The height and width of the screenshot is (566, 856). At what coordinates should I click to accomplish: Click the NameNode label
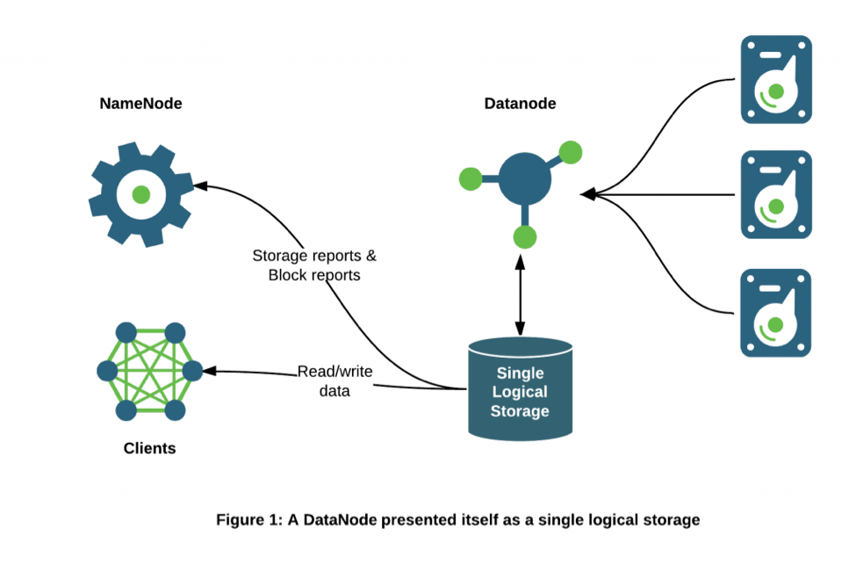[x=140, y=104]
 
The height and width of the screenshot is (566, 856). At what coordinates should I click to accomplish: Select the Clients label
[x=149, y=448]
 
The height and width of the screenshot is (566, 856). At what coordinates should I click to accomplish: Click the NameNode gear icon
[x=140, y=194]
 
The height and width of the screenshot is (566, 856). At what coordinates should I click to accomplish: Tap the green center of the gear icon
[x=140, y=194]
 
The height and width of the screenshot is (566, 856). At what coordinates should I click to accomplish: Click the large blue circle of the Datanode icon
[x=525, y=179]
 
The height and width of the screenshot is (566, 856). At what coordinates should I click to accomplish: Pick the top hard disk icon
[x=776, y=79]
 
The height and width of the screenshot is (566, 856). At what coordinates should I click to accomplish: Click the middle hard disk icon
[x=776, y=194]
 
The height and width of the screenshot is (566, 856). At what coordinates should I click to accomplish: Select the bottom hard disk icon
[x=776, y=312]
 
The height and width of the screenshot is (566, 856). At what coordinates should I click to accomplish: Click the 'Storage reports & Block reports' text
[x=314, y=265]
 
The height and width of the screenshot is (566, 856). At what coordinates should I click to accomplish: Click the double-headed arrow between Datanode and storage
[x=522, y=295]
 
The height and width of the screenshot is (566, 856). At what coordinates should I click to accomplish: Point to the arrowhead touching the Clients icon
[x=210, y=371]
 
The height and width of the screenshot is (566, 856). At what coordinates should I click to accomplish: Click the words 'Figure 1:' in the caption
[x=248, y=519]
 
